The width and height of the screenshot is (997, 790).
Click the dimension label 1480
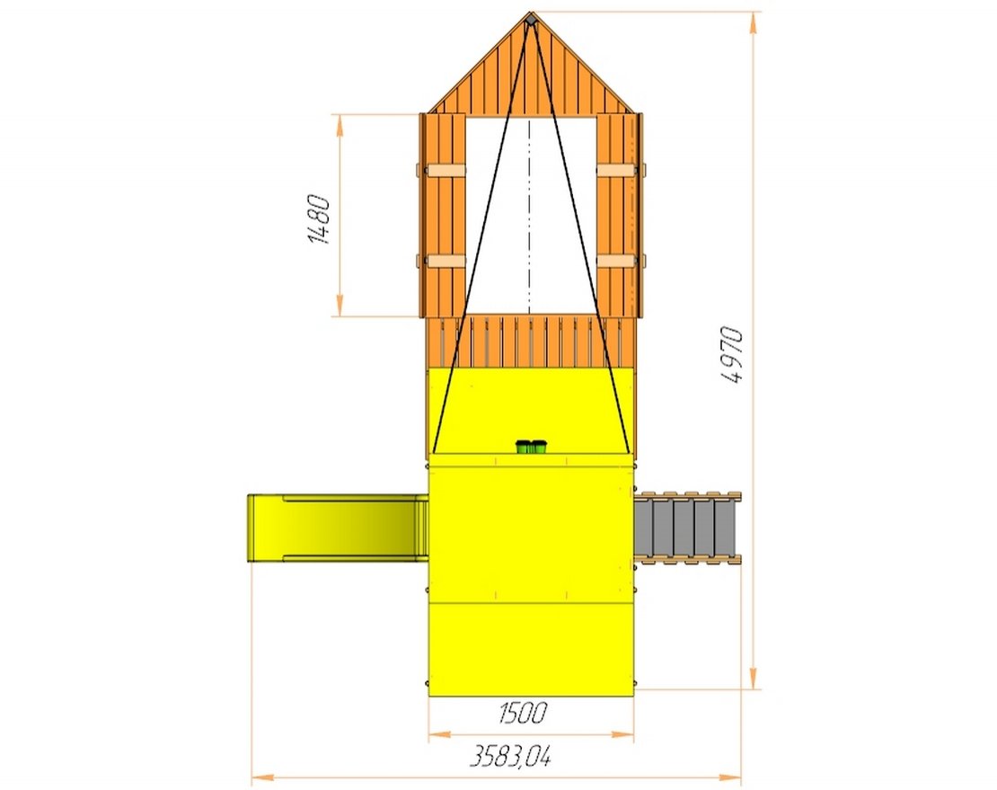319,220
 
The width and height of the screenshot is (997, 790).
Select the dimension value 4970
732,355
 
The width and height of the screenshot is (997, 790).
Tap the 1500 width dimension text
522,713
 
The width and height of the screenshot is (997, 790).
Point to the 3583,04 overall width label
510,756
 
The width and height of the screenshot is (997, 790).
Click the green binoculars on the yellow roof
531,447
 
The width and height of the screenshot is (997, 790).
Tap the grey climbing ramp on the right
688,528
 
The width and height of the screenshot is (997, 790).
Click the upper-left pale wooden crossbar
446,171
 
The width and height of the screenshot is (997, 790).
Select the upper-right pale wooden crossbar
616,171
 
